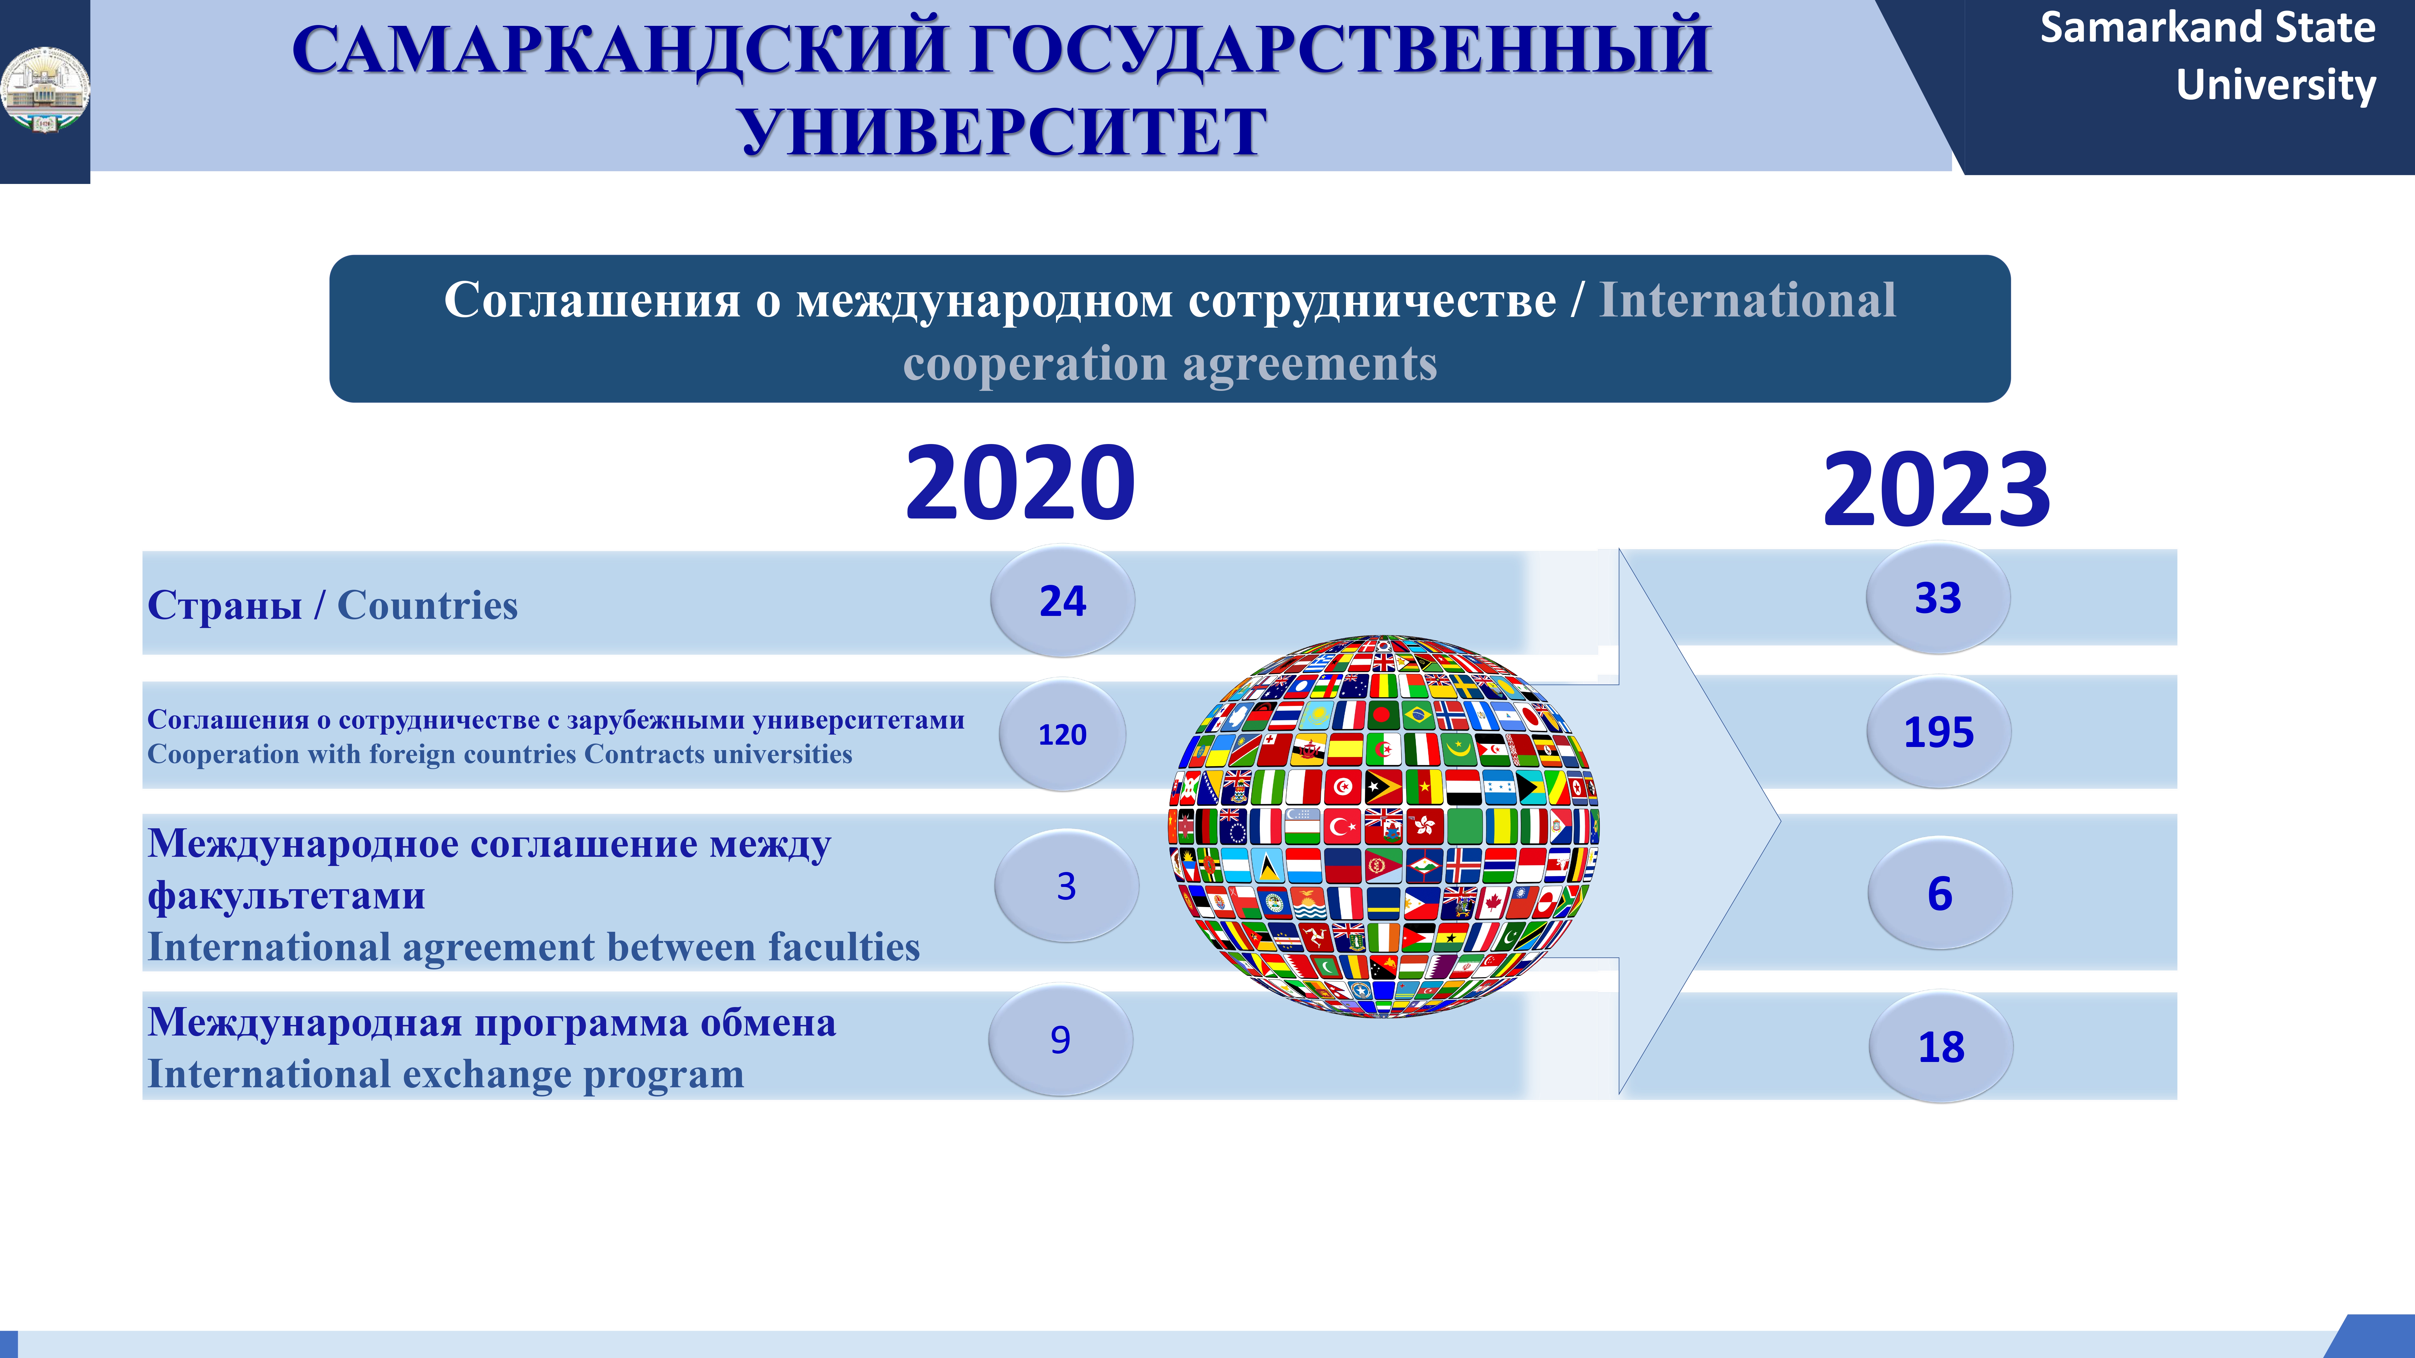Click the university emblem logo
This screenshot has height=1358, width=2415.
pos(45,90)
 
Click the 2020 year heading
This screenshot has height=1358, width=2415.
pos(1020,484)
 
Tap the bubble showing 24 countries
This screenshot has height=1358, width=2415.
pos(1062,601)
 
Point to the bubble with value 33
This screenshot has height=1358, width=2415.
pos(1938,598)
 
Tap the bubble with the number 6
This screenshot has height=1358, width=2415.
pos(1940,893)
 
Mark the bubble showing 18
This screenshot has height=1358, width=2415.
pos(1941,1047)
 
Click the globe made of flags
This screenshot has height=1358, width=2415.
pos(1384,826)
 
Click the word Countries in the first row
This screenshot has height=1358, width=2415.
pos(428,606)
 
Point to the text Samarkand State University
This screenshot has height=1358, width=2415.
pos(2208,56)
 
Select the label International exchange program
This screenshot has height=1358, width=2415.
pos(446,1074)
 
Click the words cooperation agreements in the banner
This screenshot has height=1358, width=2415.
pos(1170,364)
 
